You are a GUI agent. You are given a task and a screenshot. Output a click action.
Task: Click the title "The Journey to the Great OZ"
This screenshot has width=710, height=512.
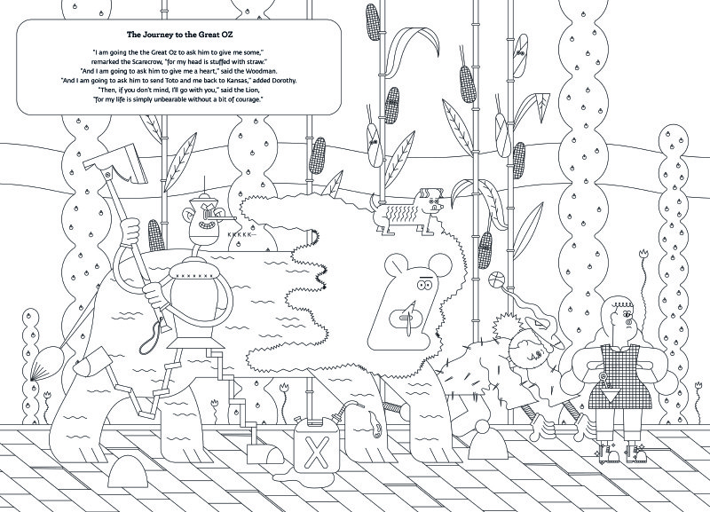click(180, 35)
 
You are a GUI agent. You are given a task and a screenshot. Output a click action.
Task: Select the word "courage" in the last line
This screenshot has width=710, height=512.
click(248, 99)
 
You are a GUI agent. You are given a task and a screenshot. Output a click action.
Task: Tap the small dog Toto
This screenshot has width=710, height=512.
click(406, 211)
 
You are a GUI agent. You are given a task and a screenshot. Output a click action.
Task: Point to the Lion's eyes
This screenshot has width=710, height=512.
click(425, 285)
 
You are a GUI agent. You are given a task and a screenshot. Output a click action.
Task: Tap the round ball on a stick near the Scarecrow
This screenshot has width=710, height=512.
click(495, 279)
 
